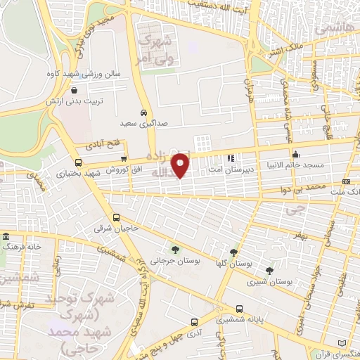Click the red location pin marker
coord(181,165)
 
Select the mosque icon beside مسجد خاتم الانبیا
coord(296,155)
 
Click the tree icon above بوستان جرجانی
coord(174,249)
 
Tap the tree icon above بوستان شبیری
coord(269,270)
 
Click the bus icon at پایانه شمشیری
coord(241,308)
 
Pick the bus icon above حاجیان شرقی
coord(117,217)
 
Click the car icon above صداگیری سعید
coord(143,112)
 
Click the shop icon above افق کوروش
coord(124,159)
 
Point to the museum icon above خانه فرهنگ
coord(6,236)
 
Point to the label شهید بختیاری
coord(77,172)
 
